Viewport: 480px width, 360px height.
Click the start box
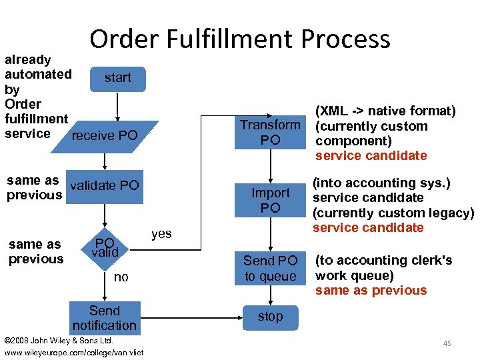pos(117,78)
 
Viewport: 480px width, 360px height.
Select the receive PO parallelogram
pos(105,136)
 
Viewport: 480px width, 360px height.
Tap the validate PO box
pos(105,185)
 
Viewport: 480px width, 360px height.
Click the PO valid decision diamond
pos(105,247)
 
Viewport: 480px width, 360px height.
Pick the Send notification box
pos(105,318)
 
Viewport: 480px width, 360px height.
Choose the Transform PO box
pos(270,132)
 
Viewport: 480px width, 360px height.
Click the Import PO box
pos(270,200)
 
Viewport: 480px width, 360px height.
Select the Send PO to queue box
pos(270,268)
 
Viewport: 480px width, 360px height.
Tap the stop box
pos(270,317)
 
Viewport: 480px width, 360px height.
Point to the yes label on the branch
pos(161,233)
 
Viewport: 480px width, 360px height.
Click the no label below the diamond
pos(121,277)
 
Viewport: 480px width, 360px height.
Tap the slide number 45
pos(447,343)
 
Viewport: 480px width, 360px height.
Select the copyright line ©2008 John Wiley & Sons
pos(59,341)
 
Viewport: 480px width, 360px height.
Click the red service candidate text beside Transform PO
pos(371,156)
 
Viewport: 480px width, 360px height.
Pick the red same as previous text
pos(371,291)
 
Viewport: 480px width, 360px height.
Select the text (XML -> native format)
pos(385,111)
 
